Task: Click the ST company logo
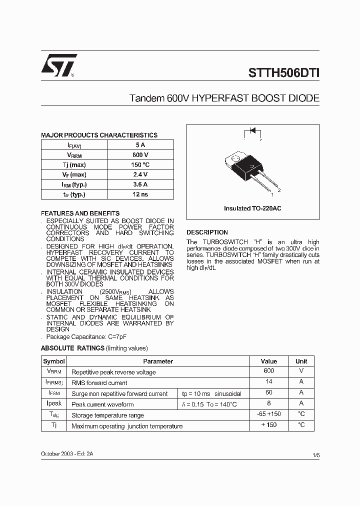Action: point(58,65)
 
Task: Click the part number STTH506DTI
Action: point(283,72)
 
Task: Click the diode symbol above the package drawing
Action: point(252,131)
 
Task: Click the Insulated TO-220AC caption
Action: point(252,208)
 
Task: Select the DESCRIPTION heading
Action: point(207,232)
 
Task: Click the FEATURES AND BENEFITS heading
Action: point(80,213)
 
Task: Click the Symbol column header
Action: point(54,361)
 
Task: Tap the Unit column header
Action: point(301,361)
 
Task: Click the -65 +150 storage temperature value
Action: point(268,414)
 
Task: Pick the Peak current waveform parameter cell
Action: point(102,404)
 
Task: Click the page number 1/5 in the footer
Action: point(315,455)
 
